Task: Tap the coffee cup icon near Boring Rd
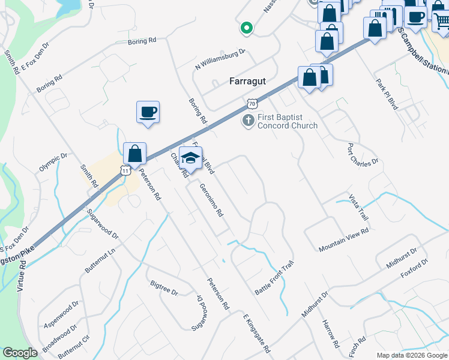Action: pyautogui.click(x=148, y=112)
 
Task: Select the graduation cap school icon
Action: pyautogui.click(x=190, y=158)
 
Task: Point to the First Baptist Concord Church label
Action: pyautogui.click(x=288, y=121)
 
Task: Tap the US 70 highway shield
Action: pyautogui.click(x=251, y=104)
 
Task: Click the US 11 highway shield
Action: pyautogui.click(x=124, y=170)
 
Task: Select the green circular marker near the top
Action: pyautogui.click(x=246, y=28)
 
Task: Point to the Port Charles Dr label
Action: pyautogui.click(x=363, y=154)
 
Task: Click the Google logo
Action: pyautogui.click(x=20, y=353)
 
